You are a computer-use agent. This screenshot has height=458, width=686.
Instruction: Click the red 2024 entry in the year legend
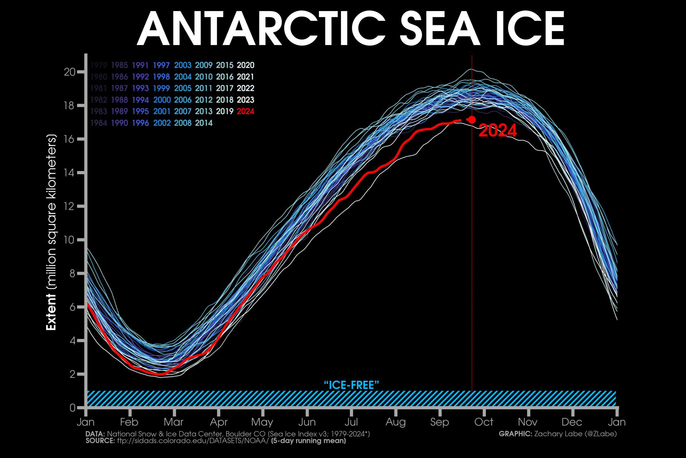pos(245,111)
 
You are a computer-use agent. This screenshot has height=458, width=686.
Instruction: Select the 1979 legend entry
pos(99,65)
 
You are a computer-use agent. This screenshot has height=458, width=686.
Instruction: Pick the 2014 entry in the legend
pos(204,123)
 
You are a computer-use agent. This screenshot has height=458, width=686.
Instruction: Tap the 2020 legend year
pos(245,65)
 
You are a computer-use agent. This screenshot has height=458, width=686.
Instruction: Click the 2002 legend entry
pos(162,123)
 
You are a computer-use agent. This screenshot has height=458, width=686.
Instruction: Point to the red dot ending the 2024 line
pos(472,120)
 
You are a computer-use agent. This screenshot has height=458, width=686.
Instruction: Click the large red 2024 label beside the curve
pos(497,131)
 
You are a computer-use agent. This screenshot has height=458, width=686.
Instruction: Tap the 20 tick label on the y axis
pos(70,72)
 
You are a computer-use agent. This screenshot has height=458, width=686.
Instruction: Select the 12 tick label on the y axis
pos(70,206)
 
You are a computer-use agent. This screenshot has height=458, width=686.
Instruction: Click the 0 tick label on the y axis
pos(73,408)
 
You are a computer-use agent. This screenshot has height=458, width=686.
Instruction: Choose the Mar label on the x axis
pos(174,422)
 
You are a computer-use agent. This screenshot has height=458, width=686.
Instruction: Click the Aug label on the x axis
pos(396,422)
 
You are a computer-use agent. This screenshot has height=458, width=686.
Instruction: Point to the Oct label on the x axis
pos(484,422)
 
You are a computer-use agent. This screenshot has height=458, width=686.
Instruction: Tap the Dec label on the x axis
pos(572,422)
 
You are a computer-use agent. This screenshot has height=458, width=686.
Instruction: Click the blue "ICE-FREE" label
pos(351,385)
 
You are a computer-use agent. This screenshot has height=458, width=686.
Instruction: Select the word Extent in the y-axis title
pos(51,312)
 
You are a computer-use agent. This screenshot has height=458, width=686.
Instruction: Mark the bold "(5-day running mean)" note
pos(308,441)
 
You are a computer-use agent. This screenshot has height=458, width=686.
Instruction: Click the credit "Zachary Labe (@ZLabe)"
pos(575,434)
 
